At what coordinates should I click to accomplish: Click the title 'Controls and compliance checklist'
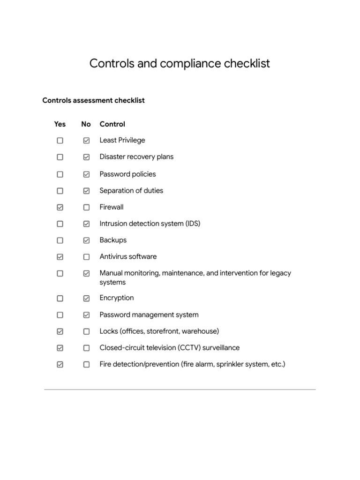pyautogui.click(x=180, y=63)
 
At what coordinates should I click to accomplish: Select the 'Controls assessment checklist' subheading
pyautogui.click(x=93, y=100)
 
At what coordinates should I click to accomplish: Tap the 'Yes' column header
pyautogui.click(x=60, y=124)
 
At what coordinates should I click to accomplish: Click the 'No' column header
pyautogui.click(x=86, y=124)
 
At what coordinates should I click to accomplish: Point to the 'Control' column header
pyautogui.click(x=112, y=124)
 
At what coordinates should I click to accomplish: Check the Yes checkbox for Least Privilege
pyautogui.click(x=60, y=141)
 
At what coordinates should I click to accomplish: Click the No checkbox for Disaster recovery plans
pyautogui.click(x=86, y=157)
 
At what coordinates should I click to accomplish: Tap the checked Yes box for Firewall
pyautogui.click(x=60, y=207)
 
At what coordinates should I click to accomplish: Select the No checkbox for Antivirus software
pyautogui.click(x=86, y=257)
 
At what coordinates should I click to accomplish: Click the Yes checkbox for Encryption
pyautogui.click(x=60, y=298)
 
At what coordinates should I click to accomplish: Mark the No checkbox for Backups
pyautogui.click(x=86, y=240)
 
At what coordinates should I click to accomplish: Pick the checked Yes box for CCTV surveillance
pyautogui.click(x=60, y=348)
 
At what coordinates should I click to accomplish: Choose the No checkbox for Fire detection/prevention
pyautogui.click(x=86, y=365)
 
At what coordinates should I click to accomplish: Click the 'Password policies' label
pyautogui.click(x=127, y=174)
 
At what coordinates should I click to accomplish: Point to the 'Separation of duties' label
pyautogui.click(x=131, y=191)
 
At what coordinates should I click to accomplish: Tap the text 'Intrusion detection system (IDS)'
pyautogui.click(x=150, y=224)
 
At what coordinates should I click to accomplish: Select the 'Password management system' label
pyautogui.click(x=149, y=315)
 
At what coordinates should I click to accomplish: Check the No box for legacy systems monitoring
pyautogui.click(x=86, y=273)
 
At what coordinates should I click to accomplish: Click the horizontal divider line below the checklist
pyautogui.click(x=180, y=389)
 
